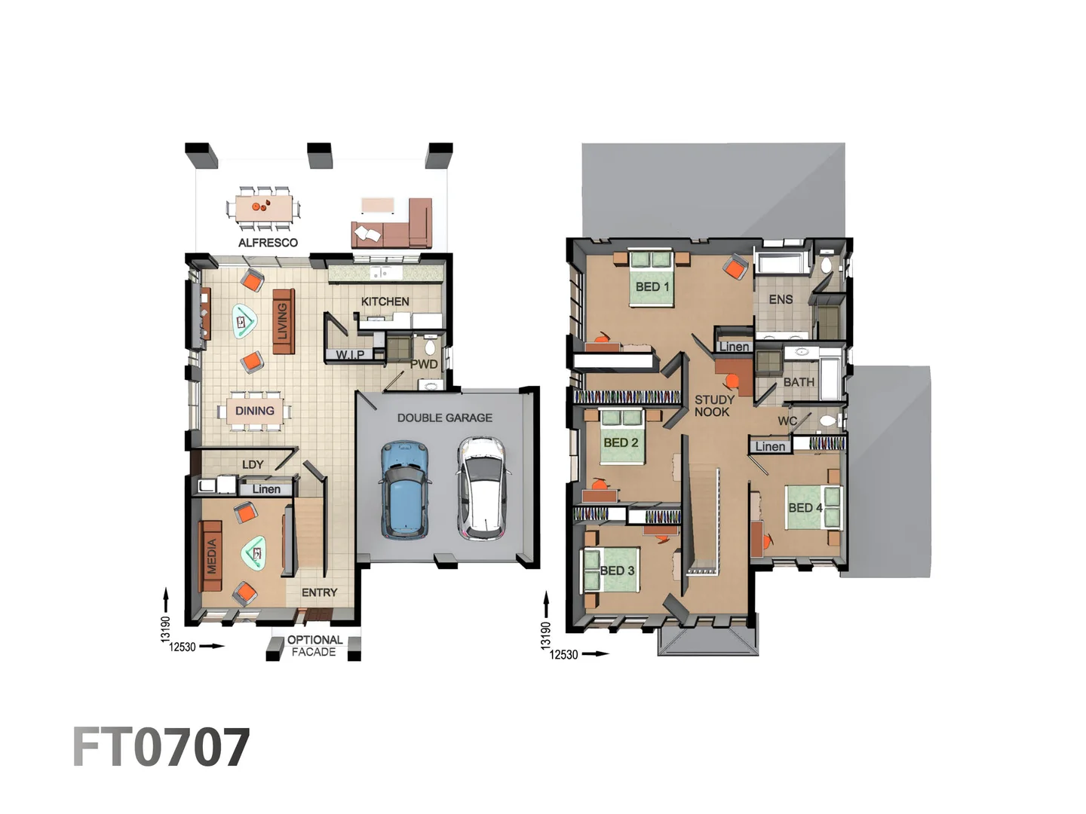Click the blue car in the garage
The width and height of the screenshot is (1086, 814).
(406, 490)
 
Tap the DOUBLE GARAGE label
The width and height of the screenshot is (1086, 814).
(444, 418)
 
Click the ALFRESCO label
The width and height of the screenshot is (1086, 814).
(268, 243)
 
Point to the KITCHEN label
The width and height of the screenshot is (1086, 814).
(385, 301)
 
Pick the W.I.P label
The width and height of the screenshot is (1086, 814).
(350, 355)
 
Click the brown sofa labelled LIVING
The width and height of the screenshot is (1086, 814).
(283, 321)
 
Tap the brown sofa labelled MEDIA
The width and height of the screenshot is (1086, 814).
(212, 555)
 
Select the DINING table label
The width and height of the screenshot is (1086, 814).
(254, 411)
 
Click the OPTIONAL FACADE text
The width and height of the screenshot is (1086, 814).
(314, 646)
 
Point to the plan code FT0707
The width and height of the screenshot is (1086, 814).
(161, 748)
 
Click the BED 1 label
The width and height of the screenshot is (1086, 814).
(652, 286)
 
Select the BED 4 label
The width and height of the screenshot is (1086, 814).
(805, 508)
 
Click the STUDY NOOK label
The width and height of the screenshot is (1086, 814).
(713, 405)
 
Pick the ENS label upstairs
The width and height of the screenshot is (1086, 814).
(781, 299)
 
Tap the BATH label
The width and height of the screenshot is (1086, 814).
(798, 382)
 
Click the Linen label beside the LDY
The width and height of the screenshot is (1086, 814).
(266, 489)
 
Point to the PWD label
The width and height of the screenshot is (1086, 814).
(424, 364)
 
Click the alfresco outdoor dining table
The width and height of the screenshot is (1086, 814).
(262, 207)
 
